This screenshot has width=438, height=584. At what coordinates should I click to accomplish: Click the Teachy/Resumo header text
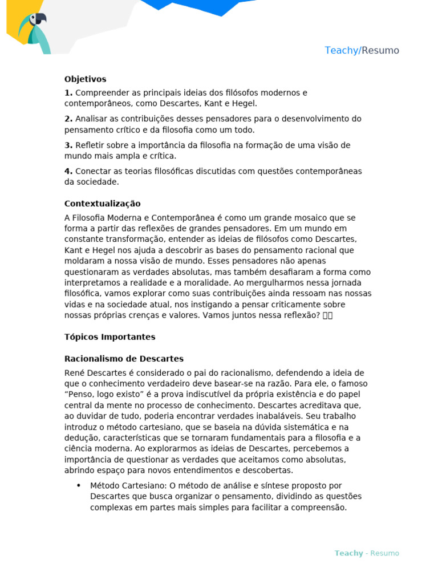362,50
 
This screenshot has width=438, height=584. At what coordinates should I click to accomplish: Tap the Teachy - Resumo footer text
367,553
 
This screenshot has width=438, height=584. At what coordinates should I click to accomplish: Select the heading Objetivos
85,79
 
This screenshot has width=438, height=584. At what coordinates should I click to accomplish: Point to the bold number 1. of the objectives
68,92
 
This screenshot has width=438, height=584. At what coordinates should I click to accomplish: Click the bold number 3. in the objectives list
68,145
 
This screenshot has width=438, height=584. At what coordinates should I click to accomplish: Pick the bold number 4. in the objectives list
68,171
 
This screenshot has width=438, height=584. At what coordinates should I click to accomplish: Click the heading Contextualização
102,204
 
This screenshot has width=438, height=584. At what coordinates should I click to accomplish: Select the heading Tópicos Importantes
109,337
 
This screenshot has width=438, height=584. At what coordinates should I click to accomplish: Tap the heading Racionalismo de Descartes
124,359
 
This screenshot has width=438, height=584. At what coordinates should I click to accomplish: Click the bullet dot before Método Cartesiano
78,486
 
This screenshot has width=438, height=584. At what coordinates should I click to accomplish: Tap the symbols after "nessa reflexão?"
327,315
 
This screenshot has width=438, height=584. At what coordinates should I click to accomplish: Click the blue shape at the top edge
191,6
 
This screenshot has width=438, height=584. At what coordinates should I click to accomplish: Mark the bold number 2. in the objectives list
68,119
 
